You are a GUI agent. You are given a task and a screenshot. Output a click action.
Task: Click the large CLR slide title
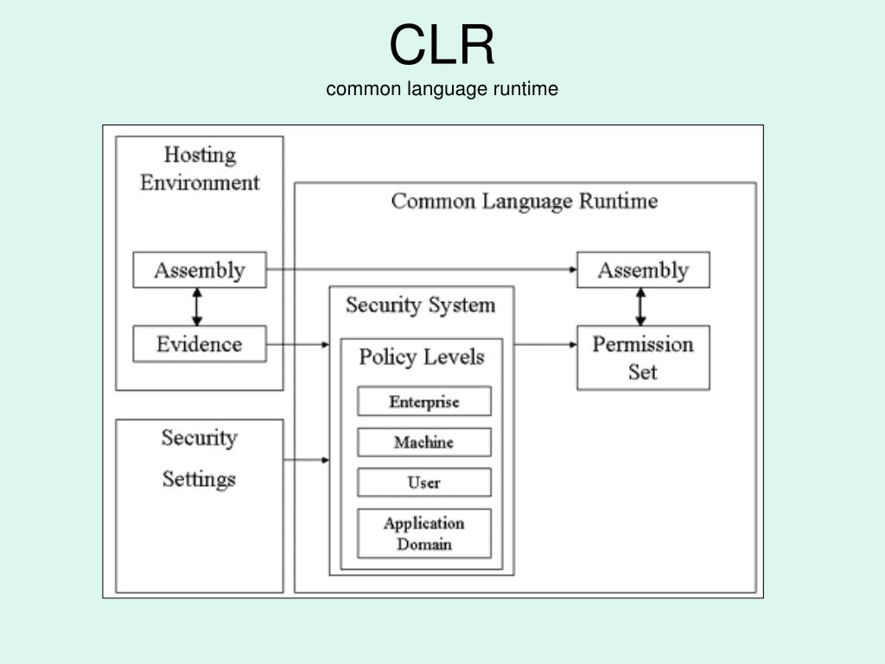click(x=442, y=45)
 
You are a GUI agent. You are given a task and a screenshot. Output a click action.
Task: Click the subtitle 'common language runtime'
click(x=442, y=88)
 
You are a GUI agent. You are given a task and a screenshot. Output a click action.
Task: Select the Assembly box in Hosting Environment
click(x=200, y=270)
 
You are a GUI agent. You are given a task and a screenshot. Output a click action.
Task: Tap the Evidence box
click(x=200, y=344)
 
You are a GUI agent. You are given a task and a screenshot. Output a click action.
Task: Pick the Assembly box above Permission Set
click(x=643, y=270)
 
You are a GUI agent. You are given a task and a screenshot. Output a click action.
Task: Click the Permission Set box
click(x=643, y=358)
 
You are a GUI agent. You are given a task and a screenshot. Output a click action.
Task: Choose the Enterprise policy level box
click(x=424, y=401)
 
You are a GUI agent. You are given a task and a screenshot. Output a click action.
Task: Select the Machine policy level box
click(x=424, y=442)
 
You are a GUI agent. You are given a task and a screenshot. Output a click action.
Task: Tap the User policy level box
click(x=424, y=482)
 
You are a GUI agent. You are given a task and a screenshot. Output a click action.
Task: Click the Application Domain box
click(x=424, y=533)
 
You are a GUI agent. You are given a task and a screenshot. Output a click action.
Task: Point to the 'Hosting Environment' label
click(x=200, y=169)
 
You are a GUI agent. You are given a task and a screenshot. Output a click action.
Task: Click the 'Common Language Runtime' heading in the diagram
click(x=525, y=201)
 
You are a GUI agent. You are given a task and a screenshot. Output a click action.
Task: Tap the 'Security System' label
click(x=421, y=305)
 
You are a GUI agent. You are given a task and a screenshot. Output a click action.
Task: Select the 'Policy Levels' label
click(x=422, y=357)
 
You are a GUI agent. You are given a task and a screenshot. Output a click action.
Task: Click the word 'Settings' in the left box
click(x=200, y=478)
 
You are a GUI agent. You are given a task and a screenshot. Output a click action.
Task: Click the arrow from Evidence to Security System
click(x=297, y=345)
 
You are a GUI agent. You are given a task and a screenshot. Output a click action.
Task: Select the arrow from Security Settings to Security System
click(x=306, y=460)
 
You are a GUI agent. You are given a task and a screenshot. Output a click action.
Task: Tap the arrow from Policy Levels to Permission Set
click(x=545, y=345)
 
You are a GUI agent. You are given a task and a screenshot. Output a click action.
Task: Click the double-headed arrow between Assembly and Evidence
click(x=198, y=307)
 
